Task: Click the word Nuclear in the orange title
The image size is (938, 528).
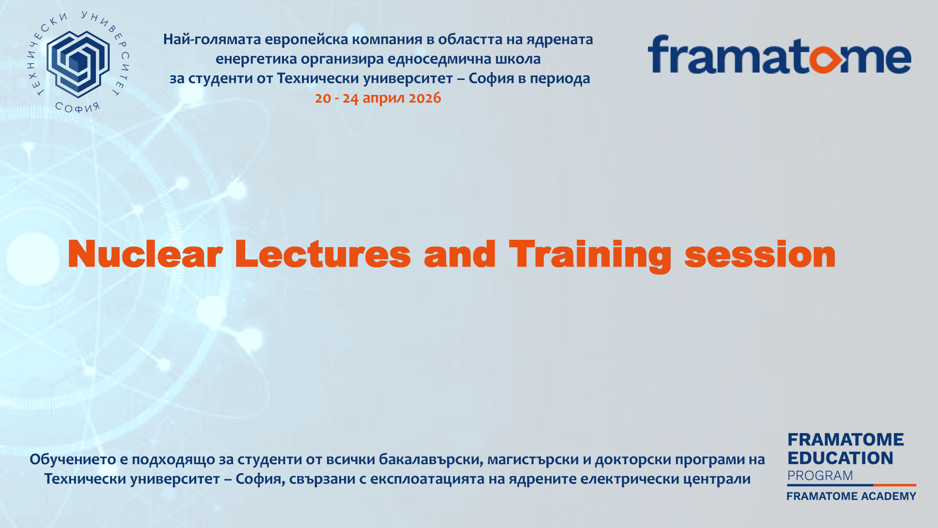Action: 145,254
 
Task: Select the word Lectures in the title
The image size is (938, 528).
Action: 323,254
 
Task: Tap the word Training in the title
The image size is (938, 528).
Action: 590,256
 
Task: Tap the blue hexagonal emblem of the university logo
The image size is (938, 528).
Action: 78,64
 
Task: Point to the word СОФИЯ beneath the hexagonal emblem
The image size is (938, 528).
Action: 77,107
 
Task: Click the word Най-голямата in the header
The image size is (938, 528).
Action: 212,40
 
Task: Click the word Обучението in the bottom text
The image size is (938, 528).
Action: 73,459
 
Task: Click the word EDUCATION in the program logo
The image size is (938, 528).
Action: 840,458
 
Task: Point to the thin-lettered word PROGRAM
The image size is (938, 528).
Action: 820,476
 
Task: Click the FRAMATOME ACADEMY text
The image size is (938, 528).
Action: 851,496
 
